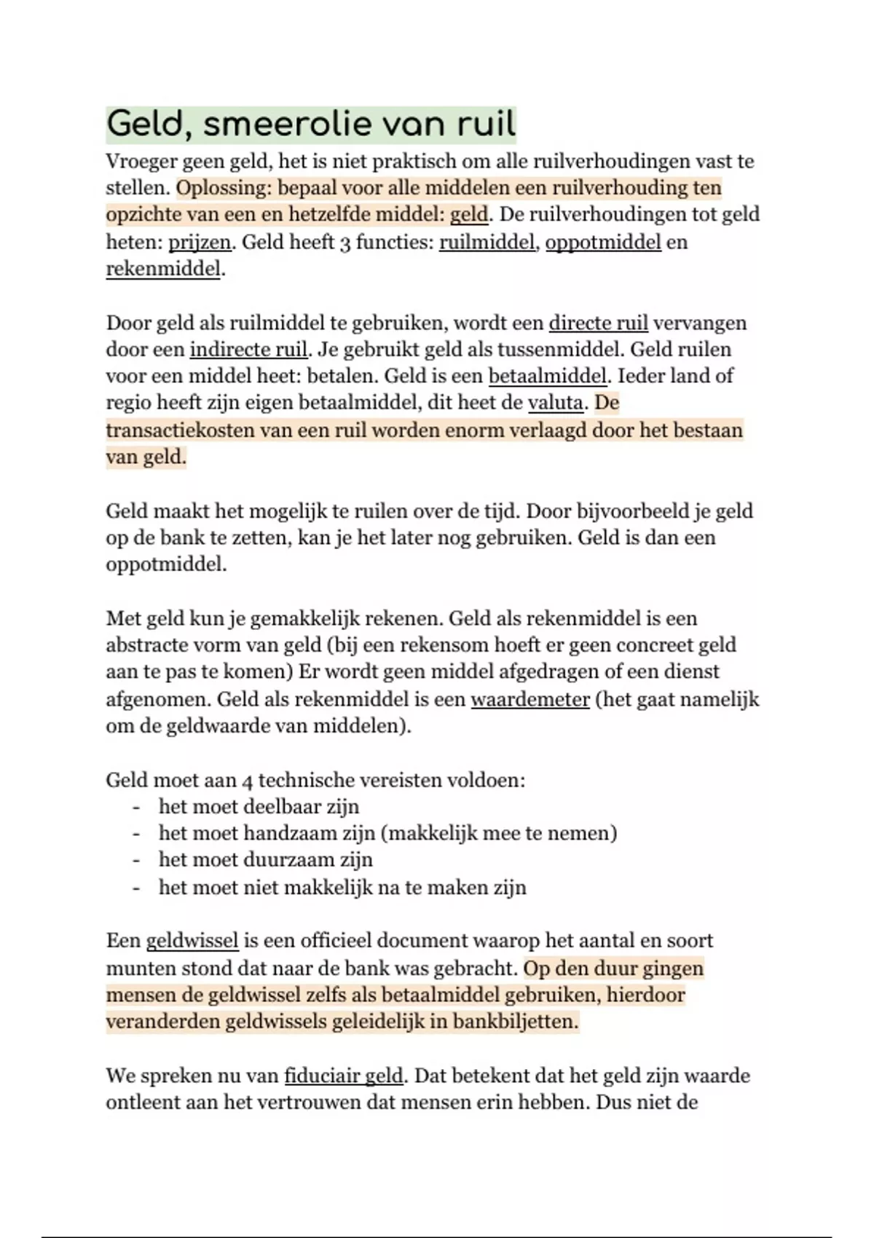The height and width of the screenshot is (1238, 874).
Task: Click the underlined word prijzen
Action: [x=200, y=242]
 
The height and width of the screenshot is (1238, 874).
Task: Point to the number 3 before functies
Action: [x=346, y=243]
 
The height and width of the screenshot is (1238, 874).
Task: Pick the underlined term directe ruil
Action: [x=597, y=323]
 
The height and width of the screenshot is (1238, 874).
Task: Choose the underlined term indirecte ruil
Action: [x=248, y=350]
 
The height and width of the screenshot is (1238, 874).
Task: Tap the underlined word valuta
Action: [x=555, y=403]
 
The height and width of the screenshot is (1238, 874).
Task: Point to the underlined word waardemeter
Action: [x=530, y=700]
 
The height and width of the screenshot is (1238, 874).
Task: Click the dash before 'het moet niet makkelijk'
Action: [x=135, y=887]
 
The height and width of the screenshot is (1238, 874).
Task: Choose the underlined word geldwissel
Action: [x=192, y=941]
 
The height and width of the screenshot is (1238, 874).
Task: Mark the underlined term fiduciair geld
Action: [x=343, y=1076]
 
